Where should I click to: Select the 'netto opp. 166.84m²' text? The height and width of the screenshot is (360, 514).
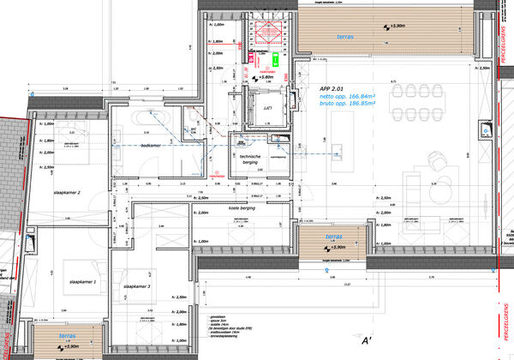[x=344, y=97]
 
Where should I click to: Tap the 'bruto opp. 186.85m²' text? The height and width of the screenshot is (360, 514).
[x=344, y=105]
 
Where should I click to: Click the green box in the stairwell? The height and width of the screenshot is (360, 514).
[x=276, y=61]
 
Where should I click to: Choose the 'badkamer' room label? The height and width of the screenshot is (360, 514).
[x=151, y=146]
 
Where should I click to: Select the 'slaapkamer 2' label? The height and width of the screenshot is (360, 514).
[x=66, y=193]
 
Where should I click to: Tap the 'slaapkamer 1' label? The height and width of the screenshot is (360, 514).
[x=83, y=281]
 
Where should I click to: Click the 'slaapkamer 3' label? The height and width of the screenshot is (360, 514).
[x=137, y=286]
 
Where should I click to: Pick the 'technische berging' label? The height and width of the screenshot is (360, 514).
[x=249, y=160]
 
